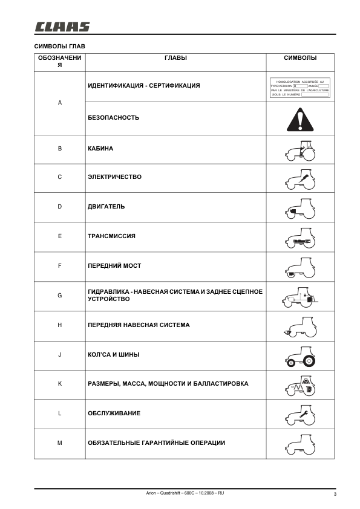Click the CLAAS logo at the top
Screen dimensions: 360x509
(62, 26)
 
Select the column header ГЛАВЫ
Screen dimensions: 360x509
(175, 58)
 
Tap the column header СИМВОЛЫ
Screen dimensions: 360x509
(300, 58)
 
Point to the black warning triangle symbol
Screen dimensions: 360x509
(299, 118)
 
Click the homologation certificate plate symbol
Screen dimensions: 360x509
(300, 88)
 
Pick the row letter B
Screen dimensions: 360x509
(59, 148)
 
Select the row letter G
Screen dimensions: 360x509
(59, 296)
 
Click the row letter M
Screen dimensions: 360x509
(59, 443)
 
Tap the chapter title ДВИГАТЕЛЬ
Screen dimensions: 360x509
(106, 207)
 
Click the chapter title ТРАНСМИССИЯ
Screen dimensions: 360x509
(112, 236)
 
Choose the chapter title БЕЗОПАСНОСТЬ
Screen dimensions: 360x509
(114, 118)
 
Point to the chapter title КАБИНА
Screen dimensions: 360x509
(100, 148)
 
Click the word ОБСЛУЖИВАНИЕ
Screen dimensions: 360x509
(114, 413)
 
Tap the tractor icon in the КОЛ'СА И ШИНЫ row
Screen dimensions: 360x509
(300, 355)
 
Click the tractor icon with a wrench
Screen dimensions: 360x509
(300, 414)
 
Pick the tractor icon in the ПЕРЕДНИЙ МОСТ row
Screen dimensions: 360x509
(300, 267)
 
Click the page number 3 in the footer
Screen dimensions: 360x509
(334, 494)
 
